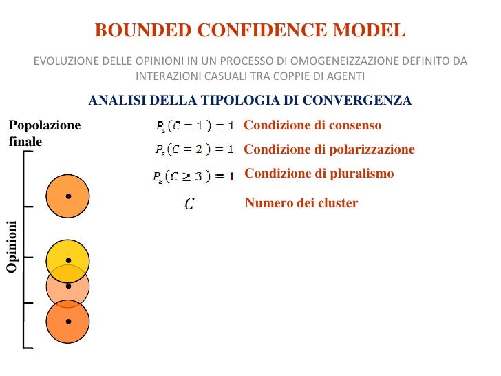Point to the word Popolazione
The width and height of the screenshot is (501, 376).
coord(44,125)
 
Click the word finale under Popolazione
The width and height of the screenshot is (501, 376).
coord(25,141)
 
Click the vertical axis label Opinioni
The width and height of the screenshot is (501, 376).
coord(12,246)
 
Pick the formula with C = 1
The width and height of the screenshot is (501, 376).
coord(195,126)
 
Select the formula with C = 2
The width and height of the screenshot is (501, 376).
coord(195,149)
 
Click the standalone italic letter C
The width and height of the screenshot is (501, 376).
coord(189,204)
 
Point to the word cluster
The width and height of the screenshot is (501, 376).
coord(339,203)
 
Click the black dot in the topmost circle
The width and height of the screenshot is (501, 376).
coord(68,196)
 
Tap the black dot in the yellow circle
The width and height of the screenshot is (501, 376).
coord(68,260)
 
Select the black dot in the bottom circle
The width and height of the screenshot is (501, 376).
coord(68,321)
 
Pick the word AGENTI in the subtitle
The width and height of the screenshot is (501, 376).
coord(346,76)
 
